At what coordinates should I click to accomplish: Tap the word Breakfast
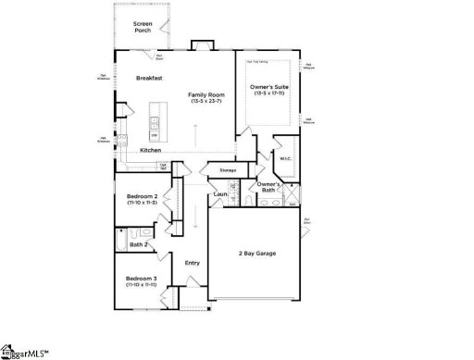(x=149, y=78)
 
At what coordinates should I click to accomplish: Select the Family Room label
(x=206, y=94)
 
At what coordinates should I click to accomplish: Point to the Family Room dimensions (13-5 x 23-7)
(x=206, y=101)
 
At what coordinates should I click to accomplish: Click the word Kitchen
(x=151, y=150)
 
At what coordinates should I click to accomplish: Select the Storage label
(x=228, y=170)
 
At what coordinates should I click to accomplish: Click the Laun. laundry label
(x=220, y=193)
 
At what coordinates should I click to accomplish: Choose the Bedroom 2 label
(x=142, y=196)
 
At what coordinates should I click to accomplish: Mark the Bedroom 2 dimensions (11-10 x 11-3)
(x=142, y=203)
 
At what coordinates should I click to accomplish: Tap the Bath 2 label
(x=139, y=245)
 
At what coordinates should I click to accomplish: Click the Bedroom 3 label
(x=142, y=279)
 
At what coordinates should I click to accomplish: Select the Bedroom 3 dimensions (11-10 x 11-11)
(x=142, y=285)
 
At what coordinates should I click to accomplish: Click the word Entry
(x=193, y=263)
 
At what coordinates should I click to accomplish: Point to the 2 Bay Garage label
(x=256, y=254)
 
